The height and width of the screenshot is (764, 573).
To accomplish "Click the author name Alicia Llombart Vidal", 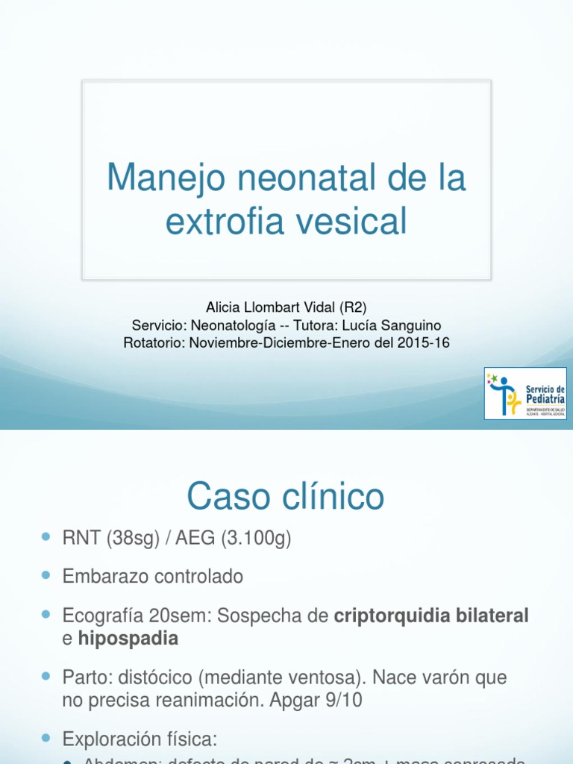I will pyautogui.click(x=269, y=307).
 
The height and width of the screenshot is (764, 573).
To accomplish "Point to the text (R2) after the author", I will pyautogui.click(x=353, y=307).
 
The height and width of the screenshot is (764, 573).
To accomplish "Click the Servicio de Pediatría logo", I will pyautogui.click(x=525, y=393).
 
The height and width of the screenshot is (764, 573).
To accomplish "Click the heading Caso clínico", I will pyautogui.click(x=286, y=496).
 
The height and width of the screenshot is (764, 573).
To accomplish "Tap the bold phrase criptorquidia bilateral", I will pyautogui.click(x=431, y=616).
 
